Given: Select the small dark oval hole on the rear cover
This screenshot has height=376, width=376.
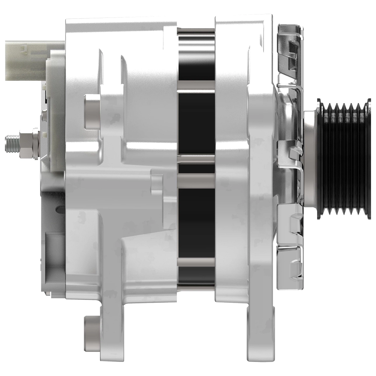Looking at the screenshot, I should pos(58,208).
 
